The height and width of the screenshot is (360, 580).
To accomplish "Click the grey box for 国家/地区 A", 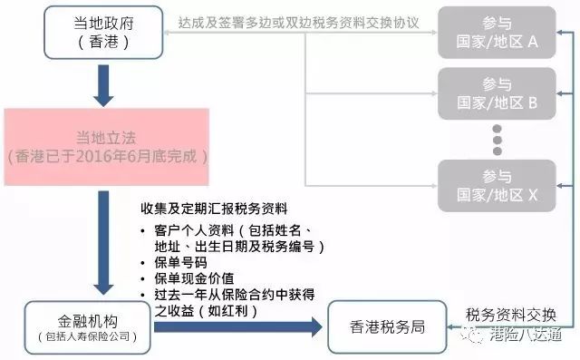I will pos(498,32).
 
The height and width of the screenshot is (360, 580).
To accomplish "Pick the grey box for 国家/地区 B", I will pos(498,92).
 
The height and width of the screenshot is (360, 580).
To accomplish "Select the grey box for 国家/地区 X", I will pos(498,184).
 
